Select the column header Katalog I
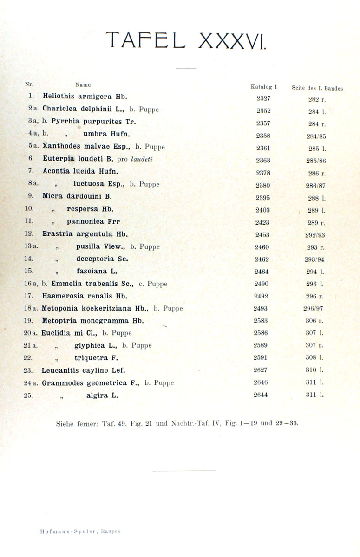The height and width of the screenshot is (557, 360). [x=263, y=86]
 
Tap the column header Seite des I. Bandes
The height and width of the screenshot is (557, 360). [x=317, y=88]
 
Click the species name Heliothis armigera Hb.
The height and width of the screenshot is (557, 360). [x=85, y=97]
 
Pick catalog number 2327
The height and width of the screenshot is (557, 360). [x=263, y=98]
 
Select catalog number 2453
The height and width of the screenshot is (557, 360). [x=262, y=234]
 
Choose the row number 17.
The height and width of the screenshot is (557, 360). [x=29, y=296]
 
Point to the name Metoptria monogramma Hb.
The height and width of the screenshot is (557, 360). [x=93, y=321]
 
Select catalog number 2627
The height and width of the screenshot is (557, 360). [x=261, y=370]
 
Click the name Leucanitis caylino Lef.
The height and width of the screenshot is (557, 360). [x=84, y=370]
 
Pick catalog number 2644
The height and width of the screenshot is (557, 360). [x=261, y=395]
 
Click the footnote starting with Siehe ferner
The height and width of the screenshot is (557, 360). [x=177, y=423]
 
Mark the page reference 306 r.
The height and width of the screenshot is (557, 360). [x=315, y=321]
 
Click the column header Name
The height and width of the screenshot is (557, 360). [x=83, y=85]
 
